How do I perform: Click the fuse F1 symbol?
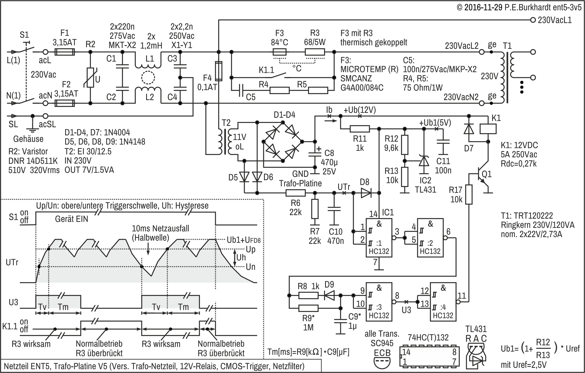(65, 52)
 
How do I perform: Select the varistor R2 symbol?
(90, 78)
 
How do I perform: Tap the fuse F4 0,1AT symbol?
(218, 71)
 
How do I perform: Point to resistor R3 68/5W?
(315, 52)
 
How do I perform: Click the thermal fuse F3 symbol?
(279, 52)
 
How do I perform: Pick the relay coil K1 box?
(488, 129)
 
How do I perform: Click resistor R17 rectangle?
(469, 194)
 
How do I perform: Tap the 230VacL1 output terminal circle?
(533, 20)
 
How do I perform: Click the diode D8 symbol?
(366, 193)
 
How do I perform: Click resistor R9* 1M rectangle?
(308, 308)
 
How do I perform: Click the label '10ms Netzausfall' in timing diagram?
(160, 228)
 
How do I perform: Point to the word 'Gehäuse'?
(28, 139)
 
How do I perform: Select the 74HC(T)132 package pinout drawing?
(429, 356)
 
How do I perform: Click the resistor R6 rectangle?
(295, 193)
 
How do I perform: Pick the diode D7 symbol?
(468, 129)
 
